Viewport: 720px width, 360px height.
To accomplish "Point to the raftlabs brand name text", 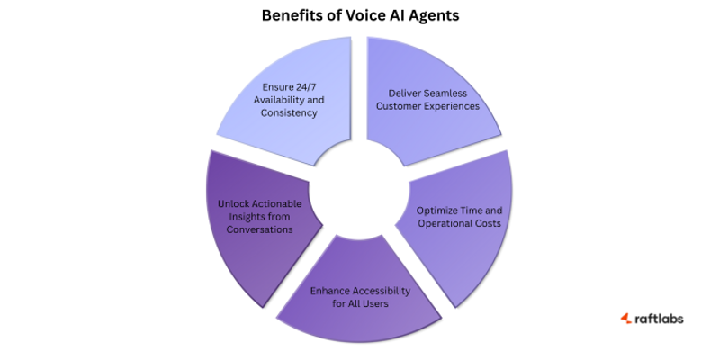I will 661,319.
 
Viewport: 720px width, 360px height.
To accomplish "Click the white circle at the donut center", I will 360,191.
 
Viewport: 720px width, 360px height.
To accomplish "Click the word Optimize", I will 438,210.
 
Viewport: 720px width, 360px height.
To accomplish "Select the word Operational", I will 434,222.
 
